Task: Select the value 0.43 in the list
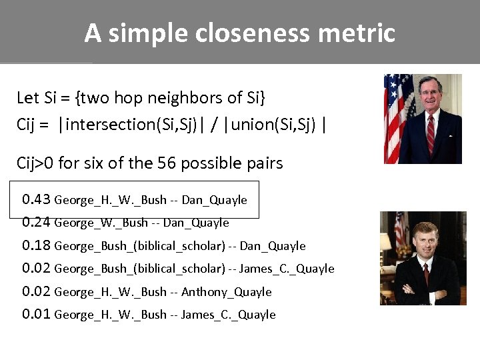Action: [36, 199]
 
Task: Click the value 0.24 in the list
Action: [36, 222]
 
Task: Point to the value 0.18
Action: [36, 245]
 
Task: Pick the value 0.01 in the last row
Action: [36, 314]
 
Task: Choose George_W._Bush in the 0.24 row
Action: [101, 223]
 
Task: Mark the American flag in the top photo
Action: [397, 117]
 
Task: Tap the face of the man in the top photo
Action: [429, 93]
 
